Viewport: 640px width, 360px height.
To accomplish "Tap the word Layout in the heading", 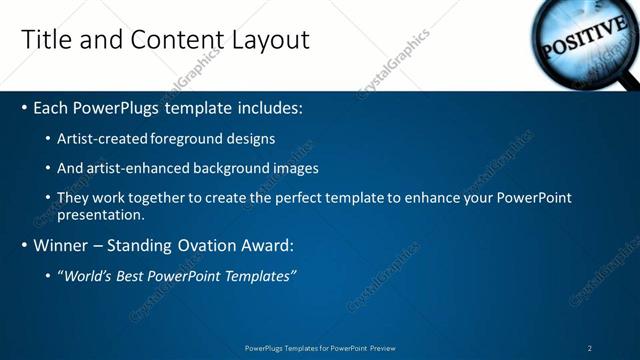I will tap(270, 40).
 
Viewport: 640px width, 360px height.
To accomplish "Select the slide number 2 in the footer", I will tap(590, 348).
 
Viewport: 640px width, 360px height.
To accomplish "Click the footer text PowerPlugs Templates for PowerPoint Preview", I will tap(320, 348).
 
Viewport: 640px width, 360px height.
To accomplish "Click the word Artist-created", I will tap(105, 139).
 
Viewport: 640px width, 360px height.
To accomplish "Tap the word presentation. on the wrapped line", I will tap(101, 214).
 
